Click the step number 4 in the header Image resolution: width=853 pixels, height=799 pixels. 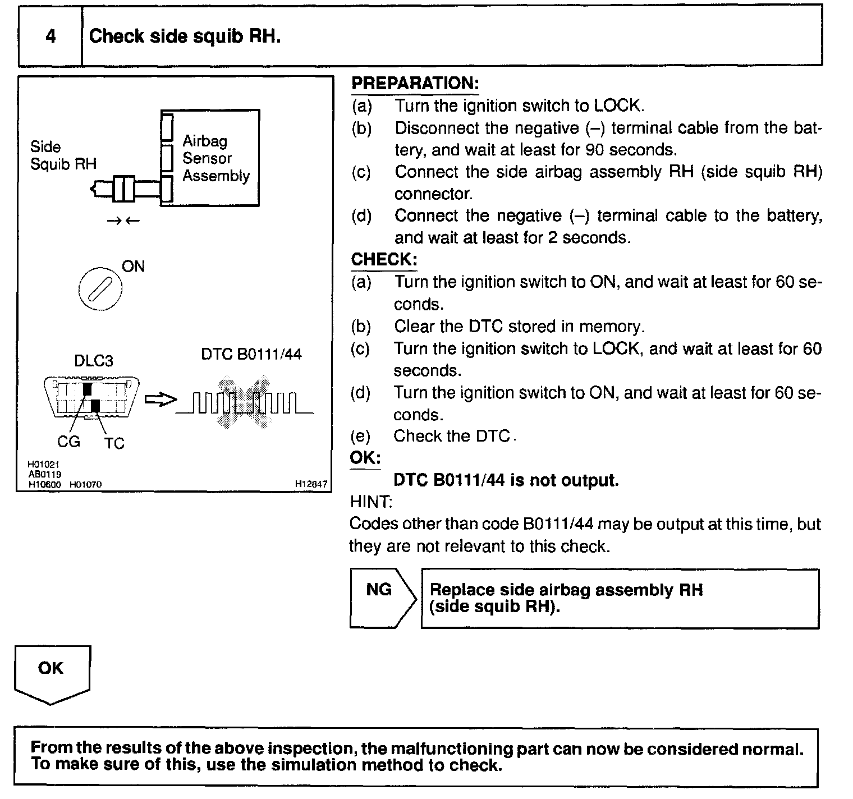51,37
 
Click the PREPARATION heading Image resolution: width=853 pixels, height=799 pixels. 415,84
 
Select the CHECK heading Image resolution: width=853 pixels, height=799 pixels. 384,259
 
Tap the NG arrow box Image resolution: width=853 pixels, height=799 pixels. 382,598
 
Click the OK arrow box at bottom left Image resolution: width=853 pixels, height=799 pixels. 52,673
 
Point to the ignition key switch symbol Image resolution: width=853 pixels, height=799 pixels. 100,291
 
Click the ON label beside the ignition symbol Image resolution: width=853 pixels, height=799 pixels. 133,267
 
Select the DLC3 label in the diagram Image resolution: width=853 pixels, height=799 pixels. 94,361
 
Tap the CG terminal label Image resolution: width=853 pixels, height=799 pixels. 68,442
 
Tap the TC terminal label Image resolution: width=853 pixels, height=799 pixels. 114,443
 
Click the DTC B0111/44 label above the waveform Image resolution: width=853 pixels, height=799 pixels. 251,354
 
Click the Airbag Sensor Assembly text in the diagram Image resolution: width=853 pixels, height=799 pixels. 215,158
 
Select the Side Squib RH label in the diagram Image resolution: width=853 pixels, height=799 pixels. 63,155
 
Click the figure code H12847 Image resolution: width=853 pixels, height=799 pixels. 311,484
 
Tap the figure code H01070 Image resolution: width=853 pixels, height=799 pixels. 85,484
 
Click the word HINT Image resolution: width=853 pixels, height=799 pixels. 371,501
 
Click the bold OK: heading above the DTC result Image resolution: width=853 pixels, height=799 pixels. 365,457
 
